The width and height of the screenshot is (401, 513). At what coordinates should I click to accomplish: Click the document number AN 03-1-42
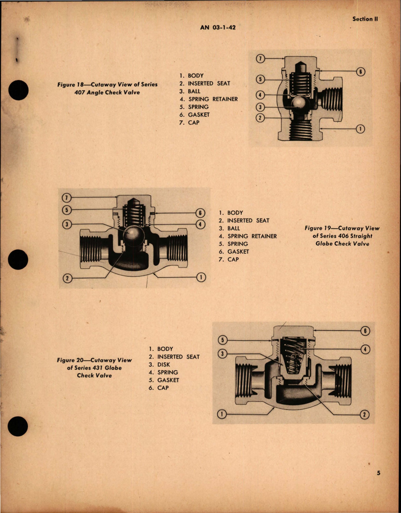pos(218,28)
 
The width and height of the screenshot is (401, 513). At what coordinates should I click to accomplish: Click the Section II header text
pos(365,19)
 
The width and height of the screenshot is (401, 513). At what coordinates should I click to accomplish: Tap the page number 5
pos(378,473)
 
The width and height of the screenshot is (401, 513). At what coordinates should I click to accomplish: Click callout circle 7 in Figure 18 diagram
pos(260,59)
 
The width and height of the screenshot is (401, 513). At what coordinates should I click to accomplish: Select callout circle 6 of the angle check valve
pos(360,71)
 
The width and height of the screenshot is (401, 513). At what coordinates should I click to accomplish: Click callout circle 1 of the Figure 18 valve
pos(360,129)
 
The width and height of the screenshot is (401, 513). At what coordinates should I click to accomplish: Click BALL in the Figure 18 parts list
pos(194,91)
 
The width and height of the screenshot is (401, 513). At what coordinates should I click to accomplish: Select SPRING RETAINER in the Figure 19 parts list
pos(252,236)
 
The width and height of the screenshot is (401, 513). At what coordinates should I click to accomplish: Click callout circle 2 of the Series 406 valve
pos(67,278)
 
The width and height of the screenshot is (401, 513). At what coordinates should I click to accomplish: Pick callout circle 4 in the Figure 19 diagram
pos(200,224)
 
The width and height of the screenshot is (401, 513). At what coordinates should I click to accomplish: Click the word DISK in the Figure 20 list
pos(164,364)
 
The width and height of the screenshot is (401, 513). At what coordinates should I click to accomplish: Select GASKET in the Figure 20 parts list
pos(168,380)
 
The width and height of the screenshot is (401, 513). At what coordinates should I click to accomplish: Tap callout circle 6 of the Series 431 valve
pos(366,331)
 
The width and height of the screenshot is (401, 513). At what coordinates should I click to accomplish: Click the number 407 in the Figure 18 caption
pos(79,92)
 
